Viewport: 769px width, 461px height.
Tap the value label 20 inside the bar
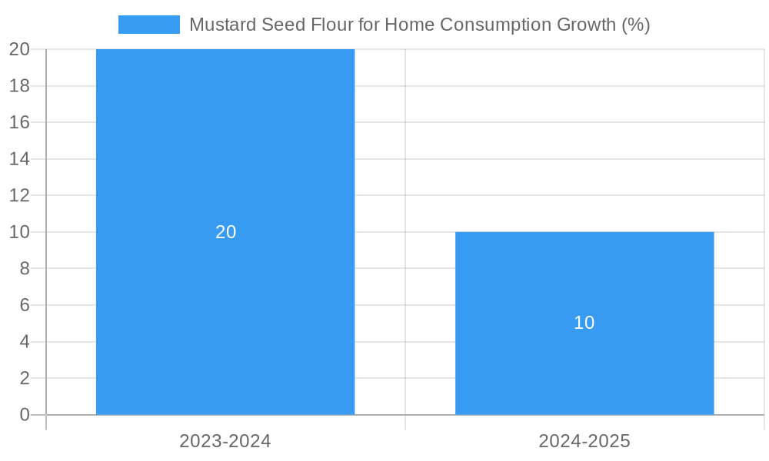tap(225, 232)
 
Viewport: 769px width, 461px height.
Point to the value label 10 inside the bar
tap(584, 323)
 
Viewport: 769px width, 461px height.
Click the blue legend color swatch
tap(148, 25)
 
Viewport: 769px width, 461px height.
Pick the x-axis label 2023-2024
tap(225, 441)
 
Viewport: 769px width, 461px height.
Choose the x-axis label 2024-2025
tap(584, 441)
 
